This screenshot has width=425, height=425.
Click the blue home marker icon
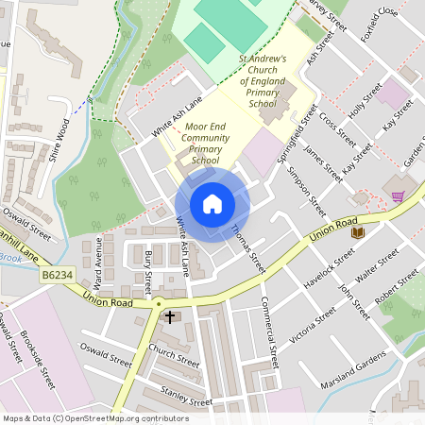point(212,203)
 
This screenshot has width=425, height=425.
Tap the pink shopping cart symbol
point(398,196)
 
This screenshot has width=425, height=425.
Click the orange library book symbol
point(357,231)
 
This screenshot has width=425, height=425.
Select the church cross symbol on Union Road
point(170,316)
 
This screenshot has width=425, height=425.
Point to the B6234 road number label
point(57,275)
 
